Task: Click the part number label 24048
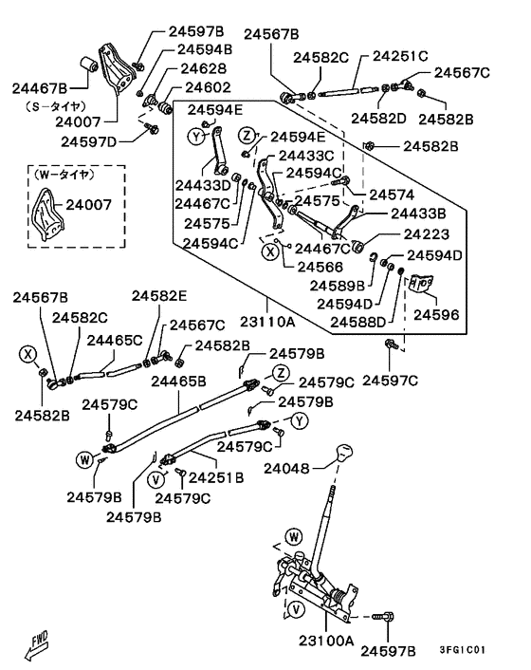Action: pos(286,468)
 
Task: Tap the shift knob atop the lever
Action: pos(344,453)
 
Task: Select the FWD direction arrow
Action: pos(36,644)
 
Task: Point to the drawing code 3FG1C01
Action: pos(463,650)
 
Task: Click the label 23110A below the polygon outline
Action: pos(267,321)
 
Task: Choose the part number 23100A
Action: pos(326,641)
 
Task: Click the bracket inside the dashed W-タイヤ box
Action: pos(47,214)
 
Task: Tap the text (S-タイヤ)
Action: pos(56,106)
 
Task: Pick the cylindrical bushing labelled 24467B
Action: pos(89,65)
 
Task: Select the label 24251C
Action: pos(400,56)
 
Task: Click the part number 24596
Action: pos(436,314)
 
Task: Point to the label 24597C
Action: pos(390,380)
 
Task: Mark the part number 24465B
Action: pos(178,381)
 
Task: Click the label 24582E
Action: pos(158,296)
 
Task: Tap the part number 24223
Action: pos(427,233)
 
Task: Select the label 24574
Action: pos(392,195)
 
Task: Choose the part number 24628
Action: pos(203,68)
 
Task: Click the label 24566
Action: pos(320,267)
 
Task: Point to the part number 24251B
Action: pos(216,477)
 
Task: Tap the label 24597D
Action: pos(88,141)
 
